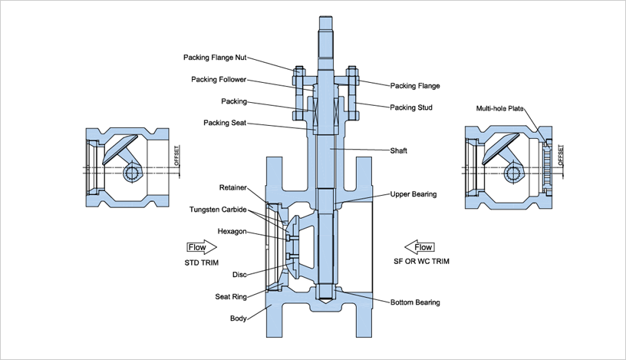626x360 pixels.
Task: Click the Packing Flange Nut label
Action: tap(214, 57)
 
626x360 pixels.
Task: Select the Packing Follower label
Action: tap(219, 79)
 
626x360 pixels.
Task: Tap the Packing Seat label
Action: tap(224, 123)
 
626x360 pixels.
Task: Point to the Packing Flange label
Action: tap(415, 86)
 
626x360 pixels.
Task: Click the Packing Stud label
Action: tap(411, 107)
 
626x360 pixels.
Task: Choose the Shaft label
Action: tap(400, 150)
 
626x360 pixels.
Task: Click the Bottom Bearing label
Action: tap(415, 302)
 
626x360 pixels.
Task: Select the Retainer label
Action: tap(232, 187)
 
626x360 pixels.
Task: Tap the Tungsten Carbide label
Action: tap(217, 209)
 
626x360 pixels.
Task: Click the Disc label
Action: tap(239, 274)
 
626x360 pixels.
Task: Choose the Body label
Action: tap(238, 318)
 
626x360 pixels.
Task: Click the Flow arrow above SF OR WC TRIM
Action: tap(421, 247)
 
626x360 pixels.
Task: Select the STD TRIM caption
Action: tap(202, 262)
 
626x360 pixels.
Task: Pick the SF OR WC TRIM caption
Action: tap(422, 262)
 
